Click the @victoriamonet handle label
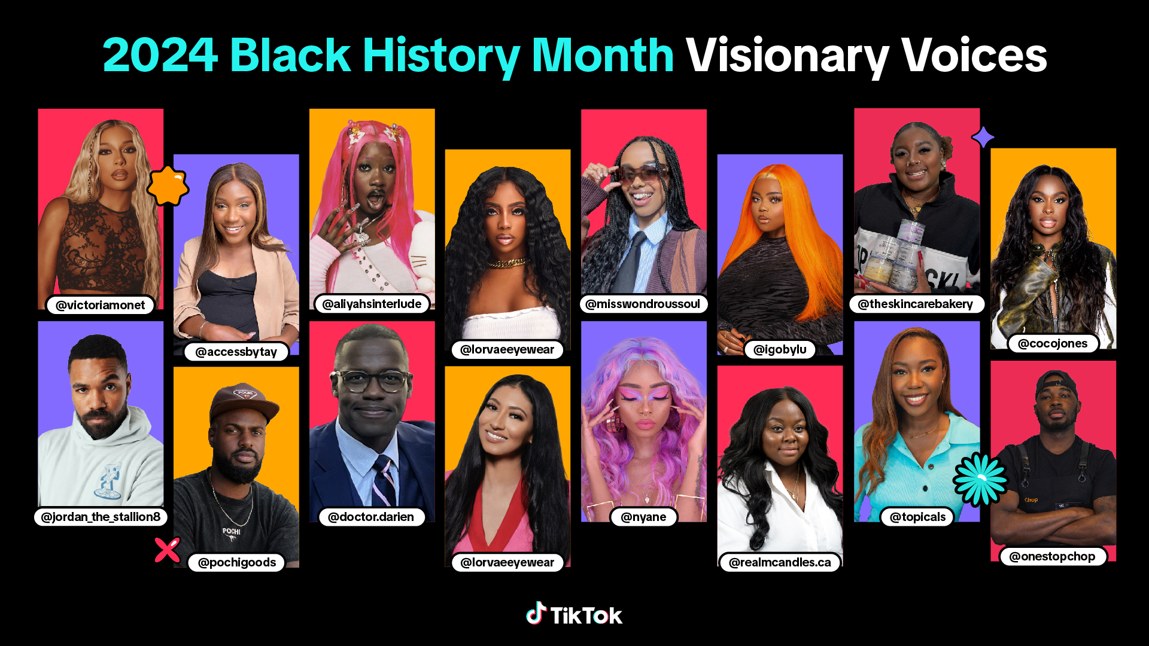(100, 305)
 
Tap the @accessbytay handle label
(236, 352)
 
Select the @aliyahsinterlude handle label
(372, 304)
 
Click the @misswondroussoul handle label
(643, 304)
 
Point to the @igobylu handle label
(780, 349)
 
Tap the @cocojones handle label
(1053, 343)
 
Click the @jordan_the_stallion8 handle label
(101, 517)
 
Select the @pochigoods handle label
(236, 562)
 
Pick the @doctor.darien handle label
(371, 517)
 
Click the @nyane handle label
(643, 517)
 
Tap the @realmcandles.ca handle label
(780, 562)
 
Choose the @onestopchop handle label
(1052, 556)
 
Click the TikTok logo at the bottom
(574, 614)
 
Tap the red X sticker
(167, 550)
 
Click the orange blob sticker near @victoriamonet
(168, 186)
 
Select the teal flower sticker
(980, 479)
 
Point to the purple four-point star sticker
(983, 138)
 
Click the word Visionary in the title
(787, 56)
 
